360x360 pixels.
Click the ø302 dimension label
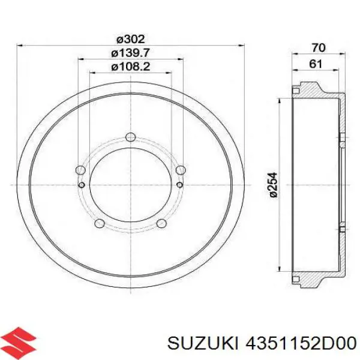tap(131, 39)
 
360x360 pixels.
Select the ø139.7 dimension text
tap(131, 53)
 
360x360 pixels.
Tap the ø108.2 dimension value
tap(131, 67)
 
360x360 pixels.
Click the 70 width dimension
tap(319, 48)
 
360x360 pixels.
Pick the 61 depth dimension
tap(316, 64)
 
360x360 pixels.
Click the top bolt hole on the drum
tap(131, 137)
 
